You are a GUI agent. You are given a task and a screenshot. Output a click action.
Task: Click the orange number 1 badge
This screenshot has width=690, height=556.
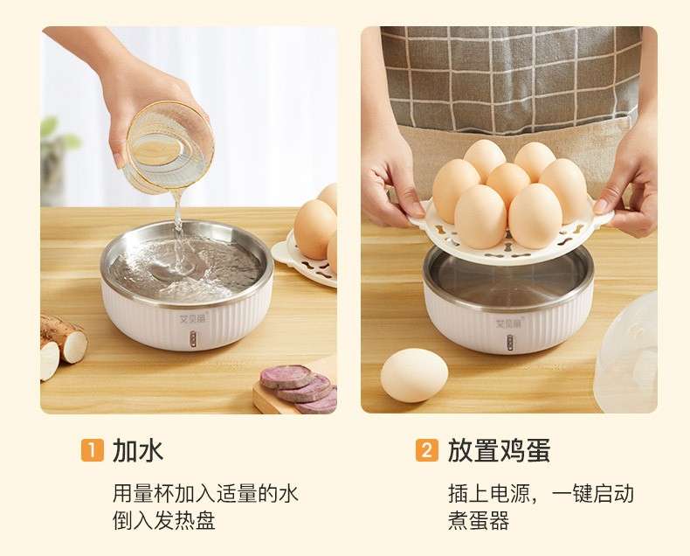pos(93,451)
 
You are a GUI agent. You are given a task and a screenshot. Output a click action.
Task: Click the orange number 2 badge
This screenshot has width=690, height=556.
pos(427,451)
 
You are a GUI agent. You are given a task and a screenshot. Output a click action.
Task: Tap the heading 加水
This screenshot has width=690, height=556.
pos(138,450)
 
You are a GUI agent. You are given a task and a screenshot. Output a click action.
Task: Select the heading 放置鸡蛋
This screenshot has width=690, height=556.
pos(499,450)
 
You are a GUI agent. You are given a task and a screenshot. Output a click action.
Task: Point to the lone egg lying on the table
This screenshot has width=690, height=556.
pos(414,375)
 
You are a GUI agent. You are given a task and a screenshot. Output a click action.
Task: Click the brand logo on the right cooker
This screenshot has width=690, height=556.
pos(508,323)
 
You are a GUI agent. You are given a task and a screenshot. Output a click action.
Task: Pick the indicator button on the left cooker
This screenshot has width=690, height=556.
pos(193,340)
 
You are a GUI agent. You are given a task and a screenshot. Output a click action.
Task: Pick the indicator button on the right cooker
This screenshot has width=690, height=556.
pos(509,342)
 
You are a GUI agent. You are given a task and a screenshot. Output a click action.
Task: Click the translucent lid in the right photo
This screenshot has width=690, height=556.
pos(626,352)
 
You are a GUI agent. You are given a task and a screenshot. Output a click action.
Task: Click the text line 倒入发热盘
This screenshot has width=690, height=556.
pos(163,521)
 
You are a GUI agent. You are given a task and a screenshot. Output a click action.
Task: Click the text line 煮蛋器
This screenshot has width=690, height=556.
pos(479,521)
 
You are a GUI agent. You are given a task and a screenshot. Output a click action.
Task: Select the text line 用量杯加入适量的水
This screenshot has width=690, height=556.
pos(205,493)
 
